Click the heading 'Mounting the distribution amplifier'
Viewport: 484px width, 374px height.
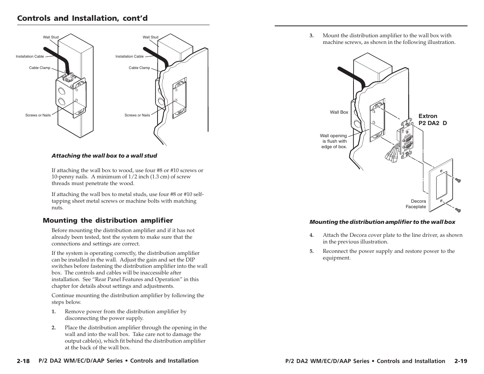click(x=107, y=220)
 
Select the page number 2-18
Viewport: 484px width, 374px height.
click(x=23, y=361)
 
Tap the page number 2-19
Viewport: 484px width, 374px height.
click(x=461, y=361)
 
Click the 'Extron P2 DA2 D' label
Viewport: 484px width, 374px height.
click(x=432, y=120)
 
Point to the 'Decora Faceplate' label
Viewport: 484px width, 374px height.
click(x=416, y=204)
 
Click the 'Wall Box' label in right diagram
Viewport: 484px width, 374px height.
click(x=339, y=112)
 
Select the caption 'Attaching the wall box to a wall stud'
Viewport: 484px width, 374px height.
click(x=104, y=156)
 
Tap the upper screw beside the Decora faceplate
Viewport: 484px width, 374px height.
click(x=457, y=180)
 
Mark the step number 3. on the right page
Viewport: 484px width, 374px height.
click(x=312, y=36)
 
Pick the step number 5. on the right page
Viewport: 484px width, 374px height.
click(x=312, y=251)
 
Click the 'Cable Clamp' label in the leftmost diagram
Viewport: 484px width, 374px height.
click(x=40, y=68)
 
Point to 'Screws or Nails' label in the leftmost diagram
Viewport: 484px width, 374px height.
click(x=38, y=115)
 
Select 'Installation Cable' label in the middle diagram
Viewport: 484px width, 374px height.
click(x=129, y=56)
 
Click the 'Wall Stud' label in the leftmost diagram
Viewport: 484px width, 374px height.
click(x=51, y=37)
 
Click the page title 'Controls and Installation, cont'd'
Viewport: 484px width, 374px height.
click(x=82, y=18)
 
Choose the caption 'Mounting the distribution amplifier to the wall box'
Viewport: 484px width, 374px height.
click(x=382, y=222)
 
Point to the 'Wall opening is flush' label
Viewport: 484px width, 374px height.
click(x=334, y=141)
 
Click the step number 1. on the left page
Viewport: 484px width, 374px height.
click(x=53, y=312)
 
